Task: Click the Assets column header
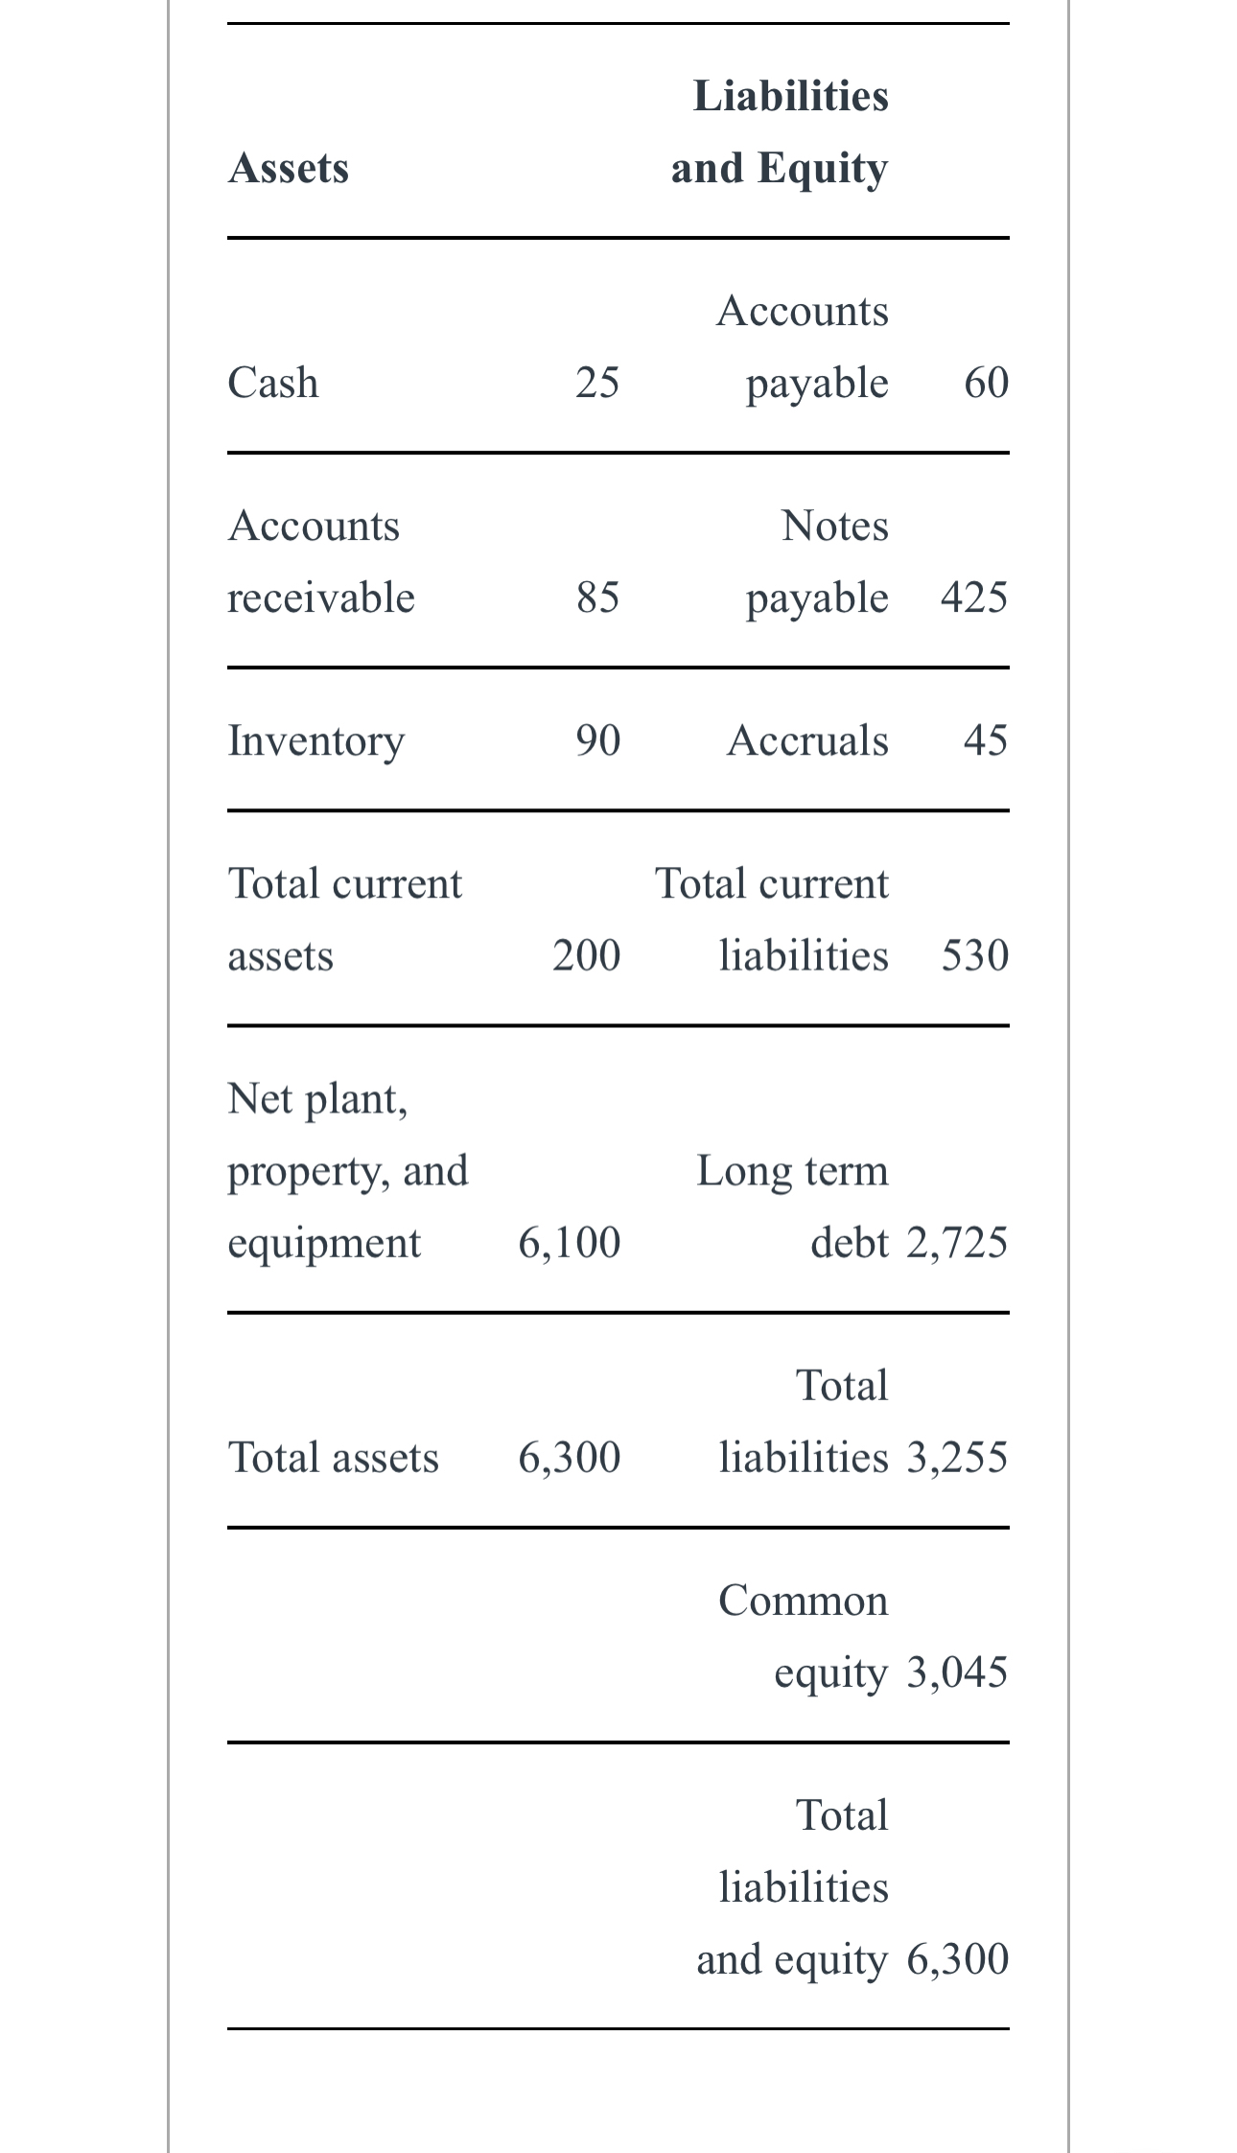tap(289, 168)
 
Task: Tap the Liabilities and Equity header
tap(780, 131)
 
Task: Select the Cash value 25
tap(597, 382)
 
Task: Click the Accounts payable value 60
tap(986, 382)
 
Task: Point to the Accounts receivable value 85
tap(597, 597)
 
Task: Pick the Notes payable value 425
tap(974, 597)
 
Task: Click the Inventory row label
tap(316, 740)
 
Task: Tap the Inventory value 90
tap(597, 740)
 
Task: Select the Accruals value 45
tap(986, 740)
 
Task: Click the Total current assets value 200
tap(586, 955)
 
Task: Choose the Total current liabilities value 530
tap(974, 955)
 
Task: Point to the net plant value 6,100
tap(570, 1242)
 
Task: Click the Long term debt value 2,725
tap(957, 1242)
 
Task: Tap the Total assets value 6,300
tap(570, 1457)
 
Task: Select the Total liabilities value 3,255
tap(957, 1457)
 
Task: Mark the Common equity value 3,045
tap(957, 1672)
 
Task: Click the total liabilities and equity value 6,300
tap(957, 1958)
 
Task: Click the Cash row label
tap(273, 382)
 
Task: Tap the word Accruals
tap(807, 740)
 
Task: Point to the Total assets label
tap(333, 1457)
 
